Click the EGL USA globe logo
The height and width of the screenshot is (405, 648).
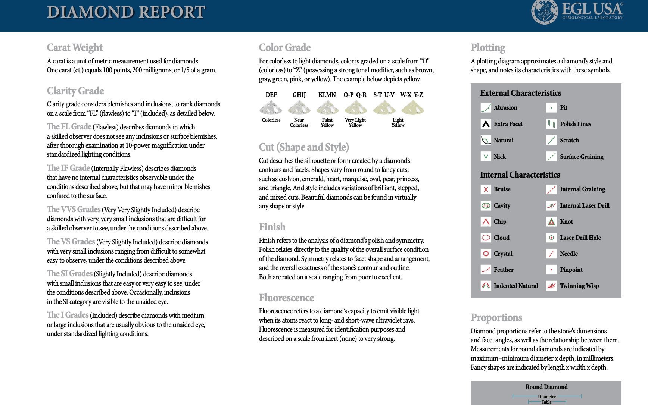click(x=545, y=12)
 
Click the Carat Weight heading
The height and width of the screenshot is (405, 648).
click(x=75, y=48)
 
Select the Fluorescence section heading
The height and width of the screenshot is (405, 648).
click(x=286, y=298)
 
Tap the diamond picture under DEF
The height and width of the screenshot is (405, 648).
click(x=271, y=108)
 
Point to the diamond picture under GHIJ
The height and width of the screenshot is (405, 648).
click(x=299, y=108)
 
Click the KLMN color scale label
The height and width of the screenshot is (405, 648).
click(x=327, y=95)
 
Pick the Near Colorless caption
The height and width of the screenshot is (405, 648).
click(x=299, y=123)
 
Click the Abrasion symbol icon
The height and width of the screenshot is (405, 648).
click(x=486, y=108)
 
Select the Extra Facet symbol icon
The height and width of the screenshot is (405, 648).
click(x=486, y=124)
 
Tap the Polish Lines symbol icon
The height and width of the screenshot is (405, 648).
click(x=551, y=124)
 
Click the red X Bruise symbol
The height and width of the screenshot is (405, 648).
click(x=486, y=189)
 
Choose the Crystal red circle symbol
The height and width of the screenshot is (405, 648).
click(x=486, y=254)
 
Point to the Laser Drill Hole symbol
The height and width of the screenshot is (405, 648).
click(x=551, y=238)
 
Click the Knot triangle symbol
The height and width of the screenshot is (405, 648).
click(x=551, y=222)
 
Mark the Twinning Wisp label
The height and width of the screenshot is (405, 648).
click(x=579, y=286)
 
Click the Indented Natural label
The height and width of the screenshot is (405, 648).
click(x=516, y=286)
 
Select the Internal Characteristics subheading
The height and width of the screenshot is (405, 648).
click(x=520, y=175)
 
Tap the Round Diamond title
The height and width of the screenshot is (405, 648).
click(x=546, y=387)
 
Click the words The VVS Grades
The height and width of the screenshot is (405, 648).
click(x=74, y=210)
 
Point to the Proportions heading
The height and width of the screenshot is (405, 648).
click(x=496, y=318)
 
